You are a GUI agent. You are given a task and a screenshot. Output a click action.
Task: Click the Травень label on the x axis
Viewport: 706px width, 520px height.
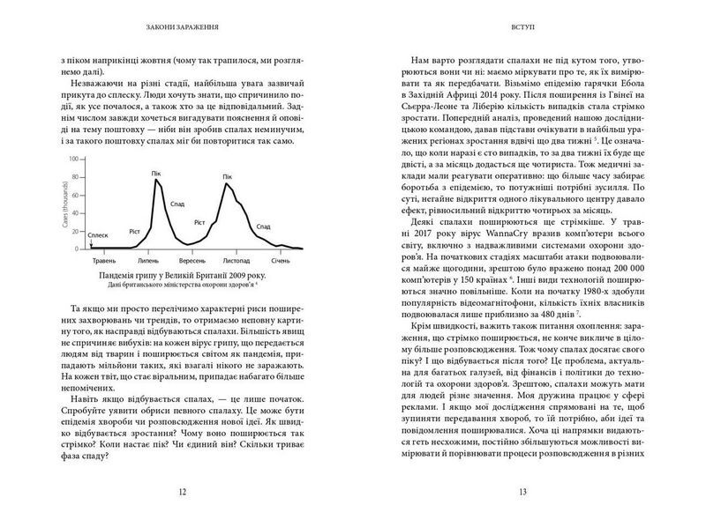coord(104,260)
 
